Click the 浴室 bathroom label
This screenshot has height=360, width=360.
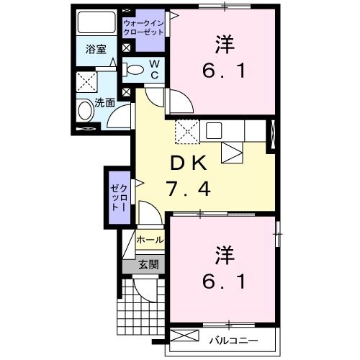(96, 50)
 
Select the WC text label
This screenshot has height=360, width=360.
(155, 68)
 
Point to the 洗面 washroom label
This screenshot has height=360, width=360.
(105, 102)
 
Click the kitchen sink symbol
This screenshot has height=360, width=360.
(215, 130)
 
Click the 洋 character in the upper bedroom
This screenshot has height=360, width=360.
(223, 44)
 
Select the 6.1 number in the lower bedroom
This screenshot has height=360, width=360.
(223, 280)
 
